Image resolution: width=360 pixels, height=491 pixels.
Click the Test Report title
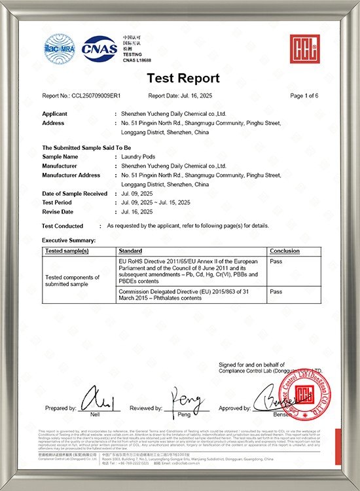(x=183, y=79)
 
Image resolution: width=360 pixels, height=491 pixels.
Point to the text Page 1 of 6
(x=304, y=96)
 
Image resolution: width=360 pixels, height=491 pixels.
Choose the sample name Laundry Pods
(x=141, y=157)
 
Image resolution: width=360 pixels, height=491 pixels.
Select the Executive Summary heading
(x=68, y=241)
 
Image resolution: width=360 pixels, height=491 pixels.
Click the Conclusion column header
(x=284, y=251)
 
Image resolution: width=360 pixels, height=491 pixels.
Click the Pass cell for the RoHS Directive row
(x=276, y=260)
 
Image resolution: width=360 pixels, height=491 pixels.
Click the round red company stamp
(x=307, y=397)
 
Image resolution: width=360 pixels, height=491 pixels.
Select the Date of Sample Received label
(x=75, y=194)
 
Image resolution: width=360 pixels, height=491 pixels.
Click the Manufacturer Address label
(x=71, y=175)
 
